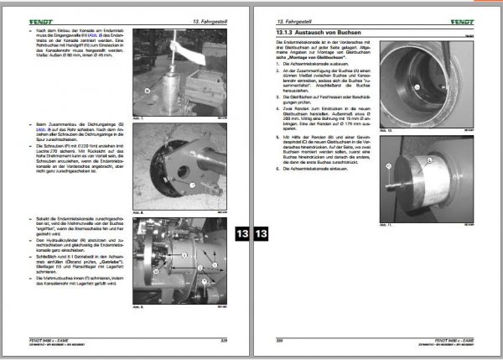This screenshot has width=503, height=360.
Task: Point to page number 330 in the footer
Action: click(282, 340)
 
